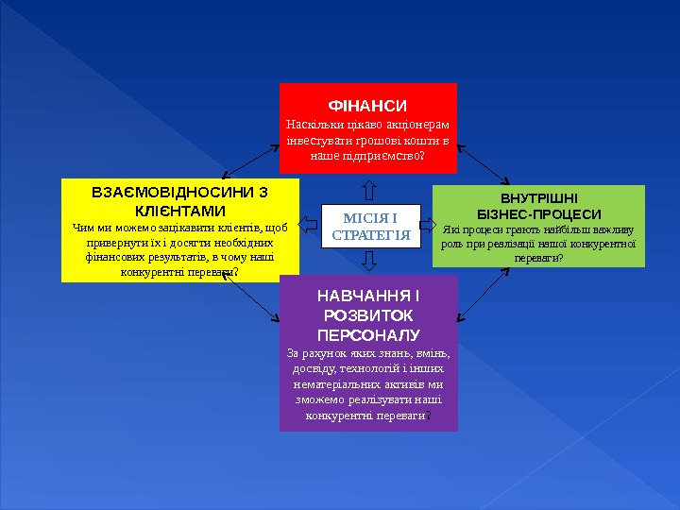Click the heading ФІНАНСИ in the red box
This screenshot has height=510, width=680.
[367, 105]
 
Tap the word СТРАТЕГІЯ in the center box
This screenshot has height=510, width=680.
[371, 234]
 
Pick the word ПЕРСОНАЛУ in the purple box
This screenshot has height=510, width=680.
[368, 335]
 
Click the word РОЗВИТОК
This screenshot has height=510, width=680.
[368, 317]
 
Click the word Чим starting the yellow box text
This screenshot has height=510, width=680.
[82, 227]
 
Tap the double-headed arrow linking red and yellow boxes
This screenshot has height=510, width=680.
[250, 161]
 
